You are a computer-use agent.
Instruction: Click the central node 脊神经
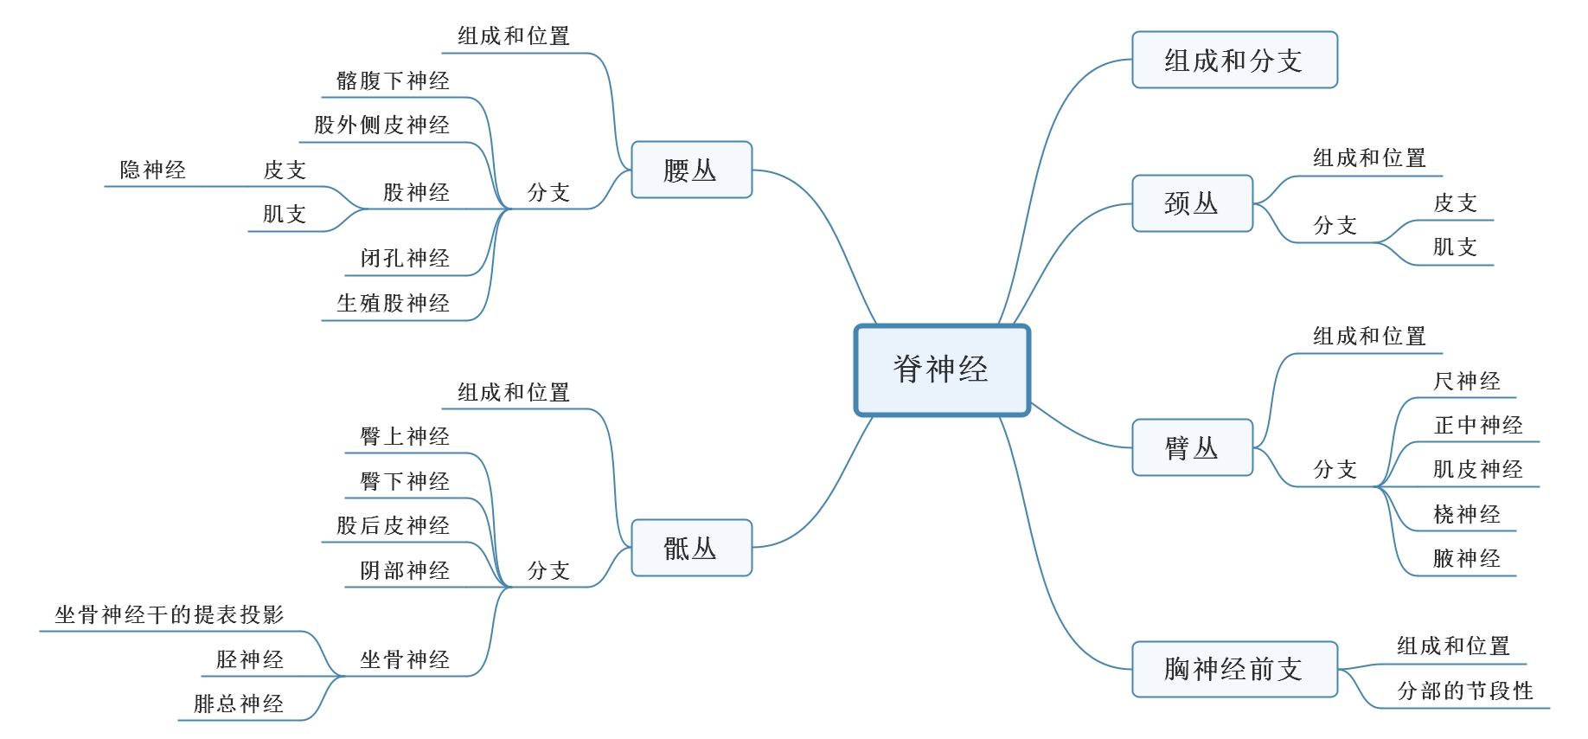pos(942,369)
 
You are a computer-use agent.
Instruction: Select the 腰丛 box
pos(691,170)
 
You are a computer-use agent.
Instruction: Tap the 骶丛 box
pos(691,548)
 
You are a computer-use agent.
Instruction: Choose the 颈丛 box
pos(1192,203)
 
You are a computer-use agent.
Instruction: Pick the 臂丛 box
pos(1192,447)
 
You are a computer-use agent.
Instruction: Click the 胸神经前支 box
pos(1234,669)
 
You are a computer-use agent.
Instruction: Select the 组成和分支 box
pos(1234,61)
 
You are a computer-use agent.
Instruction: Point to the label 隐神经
pos(153,170)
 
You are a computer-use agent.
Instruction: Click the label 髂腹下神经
pos(394,81)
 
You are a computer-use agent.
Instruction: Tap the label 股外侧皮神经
pos(382,125)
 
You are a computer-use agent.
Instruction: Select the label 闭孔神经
pos(406,259)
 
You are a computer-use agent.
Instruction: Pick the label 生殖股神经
pos(394,304)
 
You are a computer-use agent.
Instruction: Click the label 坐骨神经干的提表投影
pos(170,615)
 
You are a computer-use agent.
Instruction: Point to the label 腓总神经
pos(239,704)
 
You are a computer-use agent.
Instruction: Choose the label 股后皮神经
pos(394,526)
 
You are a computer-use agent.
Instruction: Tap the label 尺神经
pos(1467,382)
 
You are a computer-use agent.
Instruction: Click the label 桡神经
pos(1467,515)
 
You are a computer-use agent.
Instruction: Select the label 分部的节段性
pos(1466,691)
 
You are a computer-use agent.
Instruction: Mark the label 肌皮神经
pos(1478,470)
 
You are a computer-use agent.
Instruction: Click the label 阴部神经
pos(406,571)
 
